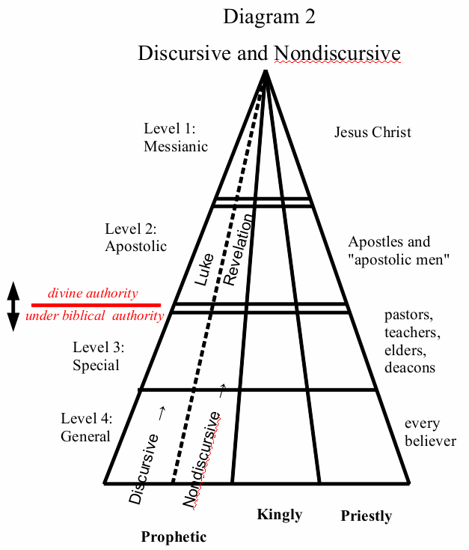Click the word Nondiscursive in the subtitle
pos(337,54)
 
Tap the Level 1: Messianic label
pos(175,137)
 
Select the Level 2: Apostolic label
pos(135,237)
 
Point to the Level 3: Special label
pos(98,356)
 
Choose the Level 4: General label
pos(85,428)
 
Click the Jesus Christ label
pos(373,133)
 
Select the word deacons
pos(409,368)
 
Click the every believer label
pos(430,432)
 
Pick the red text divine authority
pos(93,293)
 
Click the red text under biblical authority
pos(94,315)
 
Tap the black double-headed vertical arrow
pos(13,306)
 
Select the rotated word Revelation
pos(239,250)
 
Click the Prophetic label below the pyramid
pos(174,537)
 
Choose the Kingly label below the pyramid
pos(279,514)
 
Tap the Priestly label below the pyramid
pos(366,516)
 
